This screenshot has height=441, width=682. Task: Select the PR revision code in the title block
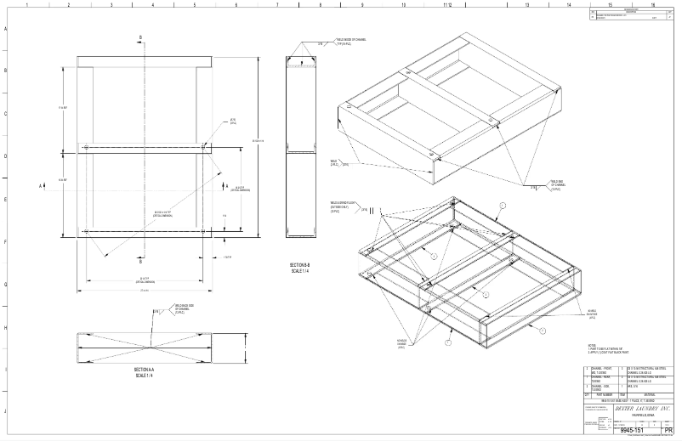[668, 430]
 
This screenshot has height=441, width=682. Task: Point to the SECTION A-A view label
[142, 371]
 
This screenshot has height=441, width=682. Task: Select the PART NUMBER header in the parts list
[605, 393]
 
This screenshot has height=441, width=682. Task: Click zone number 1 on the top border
[27, 4]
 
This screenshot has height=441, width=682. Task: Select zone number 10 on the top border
[404, 4]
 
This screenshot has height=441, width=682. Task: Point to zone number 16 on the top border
[652, 4]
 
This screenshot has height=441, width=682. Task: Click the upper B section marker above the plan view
[141, 37]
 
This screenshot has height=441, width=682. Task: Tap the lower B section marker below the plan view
[141, 261]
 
